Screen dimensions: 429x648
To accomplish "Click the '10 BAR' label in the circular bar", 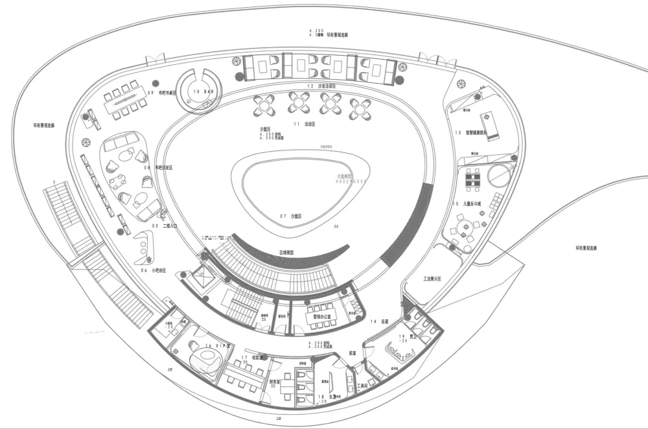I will tap(203, 92).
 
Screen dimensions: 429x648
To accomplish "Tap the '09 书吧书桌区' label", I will tap(161, 93).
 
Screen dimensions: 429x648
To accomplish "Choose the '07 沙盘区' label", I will tap(292, 215).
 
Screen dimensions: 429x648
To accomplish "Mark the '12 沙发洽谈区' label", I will tap(321, 86).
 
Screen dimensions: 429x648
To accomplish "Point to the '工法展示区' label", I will tap(432, 279).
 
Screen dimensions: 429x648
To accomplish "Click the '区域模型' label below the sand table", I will tap(288, 252).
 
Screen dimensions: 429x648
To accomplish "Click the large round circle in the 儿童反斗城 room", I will tap(499, 174).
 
